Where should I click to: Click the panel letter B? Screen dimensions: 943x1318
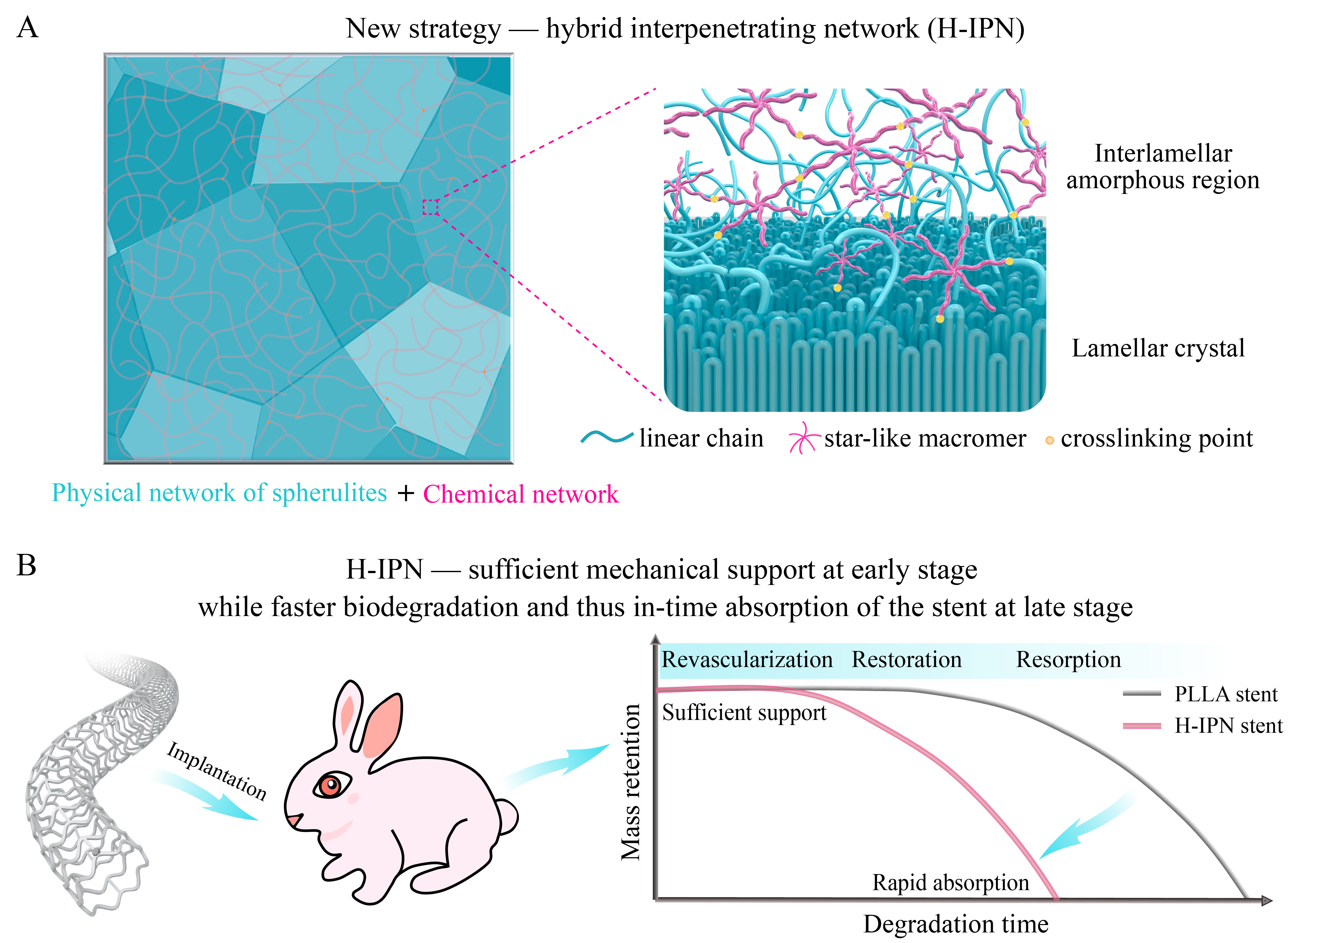click(x=26, y=565)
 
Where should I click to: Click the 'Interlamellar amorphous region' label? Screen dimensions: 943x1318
click(x=1162, y=167)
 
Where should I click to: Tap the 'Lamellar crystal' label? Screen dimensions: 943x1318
click(x=1158, y=348)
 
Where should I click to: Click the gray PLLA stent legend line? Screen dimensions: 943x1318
click(x=1141, y=694)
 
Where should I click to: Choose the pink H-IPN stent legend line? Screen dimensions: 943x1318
click(x=1141, y=726)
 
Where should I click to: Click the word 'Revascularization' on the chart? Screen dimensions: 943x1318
click(x=747, y=660)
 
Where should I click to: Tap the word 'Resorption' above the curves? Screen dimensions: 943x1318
click(x=1068, y=660)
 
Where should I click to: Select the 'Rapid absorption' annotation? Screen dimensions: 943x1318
click(x=950, y=883)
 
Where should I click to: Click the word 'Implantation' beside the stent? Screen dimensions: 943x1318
click(x=217, y=771)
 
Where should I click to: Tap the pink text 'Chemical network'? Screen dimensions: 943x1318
click(x=520, y=494)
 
